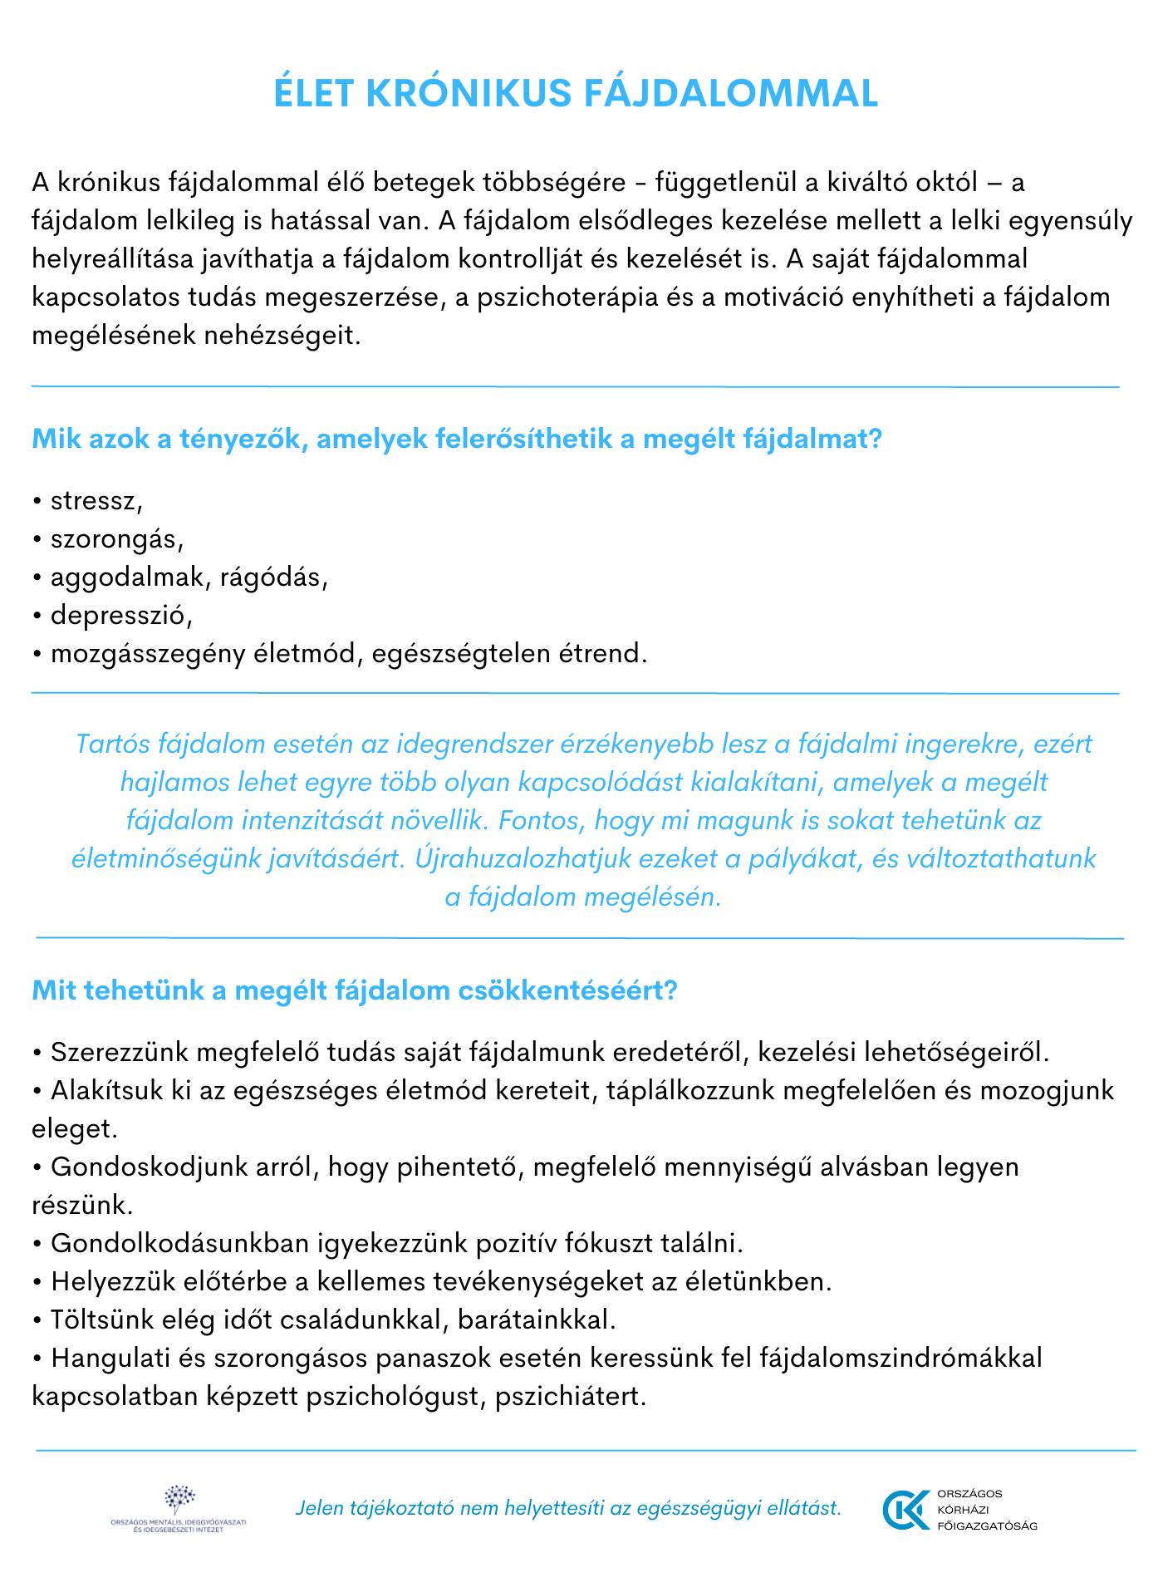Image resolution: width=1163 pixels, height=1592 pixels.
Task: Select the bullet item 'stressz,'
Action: click(96, 501)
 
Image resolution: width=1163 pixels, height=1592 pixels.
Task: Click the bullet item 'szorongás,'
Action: click(117, 539)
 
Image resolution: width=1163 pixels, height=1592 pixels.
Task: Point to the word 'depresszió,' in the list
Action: click(121, 616)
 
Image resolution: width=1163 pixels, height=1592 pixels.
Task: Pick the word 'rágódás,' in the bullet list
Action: click(274, 577)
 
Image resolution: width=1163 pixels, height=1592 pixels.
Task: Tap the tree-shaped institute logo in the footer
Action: click(179, 1498)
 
